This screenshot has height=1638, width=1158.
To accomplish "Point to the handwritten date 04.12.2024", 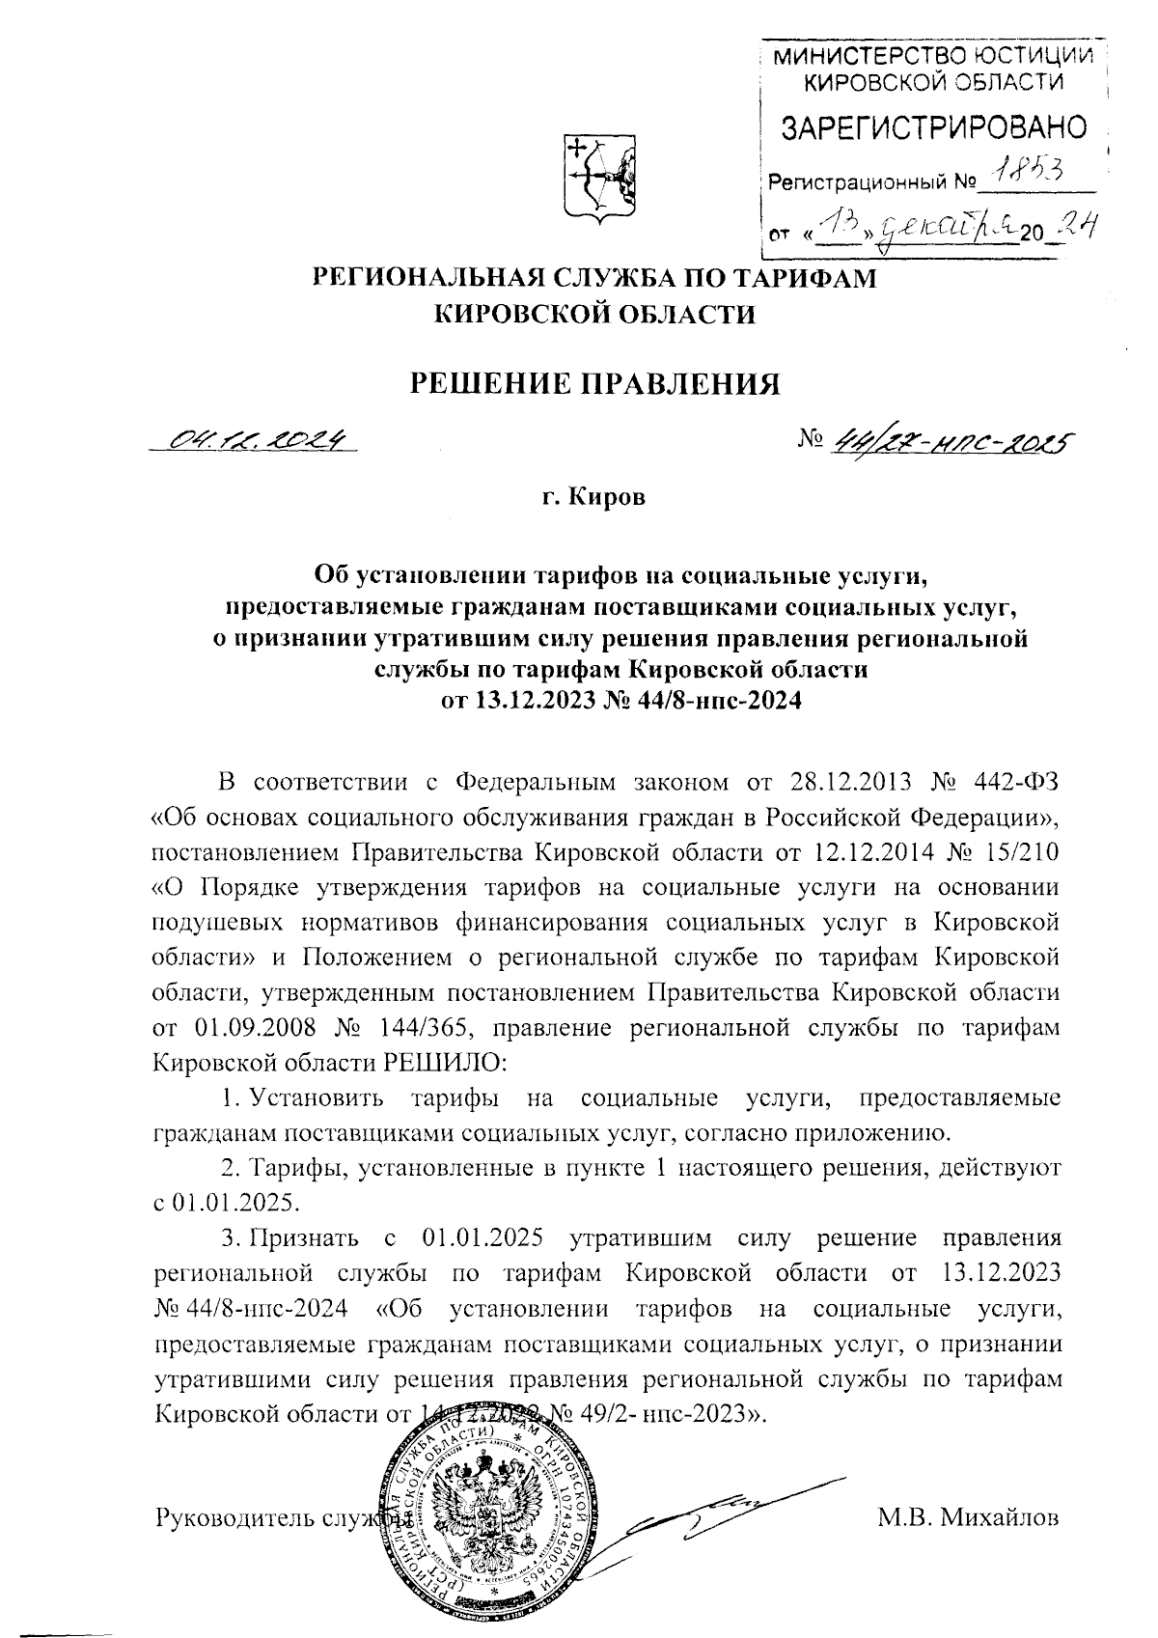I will coord(257,441).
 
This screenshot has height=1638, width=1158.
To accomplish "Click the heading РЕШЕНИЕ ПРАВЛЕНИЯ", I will coord(595,383).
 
